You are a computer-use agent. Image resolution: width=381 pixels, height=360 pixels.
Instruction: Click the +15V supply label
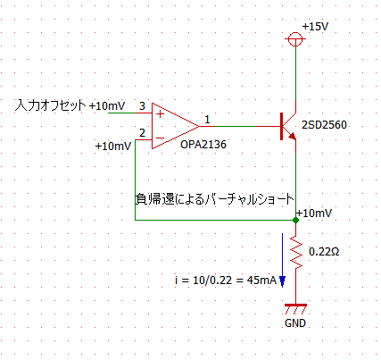pos(315,27)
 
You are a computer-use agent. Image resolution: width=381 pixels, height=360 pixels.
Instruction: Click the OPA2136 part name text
pos(203,145)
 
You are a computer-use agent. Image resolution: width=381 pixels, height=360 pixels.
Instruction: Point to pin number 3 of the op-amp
pos(142,105)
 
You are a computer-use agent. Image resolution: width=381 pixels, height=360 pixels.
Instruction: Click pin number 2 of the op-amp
pos(142,133)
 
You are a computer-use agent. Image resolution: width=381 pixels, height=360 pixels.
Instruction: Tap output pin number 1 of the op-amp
pos(207,120)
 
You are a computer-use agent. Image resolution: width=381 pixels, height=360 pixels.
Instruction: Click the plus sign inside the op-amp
pos(161,113)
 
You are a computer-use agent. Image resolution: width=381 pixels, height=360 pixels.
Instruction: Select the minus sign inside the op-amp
pos(160,138)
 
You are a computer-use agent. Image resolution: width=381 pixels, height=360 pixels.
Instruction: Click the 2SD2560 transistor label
pos(324,125)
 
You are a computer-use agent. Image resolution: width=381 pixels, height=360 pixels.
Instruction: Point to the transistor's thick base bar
pos(281,126)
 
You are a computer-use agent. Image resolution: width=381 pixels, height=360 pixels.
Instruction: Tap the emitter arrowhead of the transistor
pos(293,136)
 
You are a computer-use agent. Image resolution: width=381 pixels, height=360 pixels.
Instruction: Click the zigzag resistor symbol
pos(296,252)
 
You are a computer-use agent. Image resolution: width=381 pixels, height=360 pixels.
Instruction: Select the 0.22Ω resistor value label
pos(324,252)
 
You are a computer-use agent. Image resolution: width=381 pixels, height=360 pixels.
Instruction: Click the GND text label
pos(295,323)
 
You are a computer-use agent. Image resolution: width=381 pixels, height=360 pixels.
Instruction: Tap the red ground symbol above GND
pos(295,309)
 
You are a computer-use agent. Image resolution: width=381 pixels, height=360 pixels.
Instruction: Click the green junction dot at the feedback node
pos(295,220)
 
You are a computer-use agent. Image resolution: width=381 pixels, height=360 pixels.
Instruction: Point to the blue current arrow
pos(282,260)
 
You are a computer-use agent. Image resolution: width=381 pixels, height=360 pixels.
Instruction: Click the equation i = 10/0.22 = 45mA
pos(226,280)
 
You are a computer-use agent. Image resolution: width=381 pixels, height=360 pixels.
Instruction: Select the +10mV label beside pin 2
pos(113,147)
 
